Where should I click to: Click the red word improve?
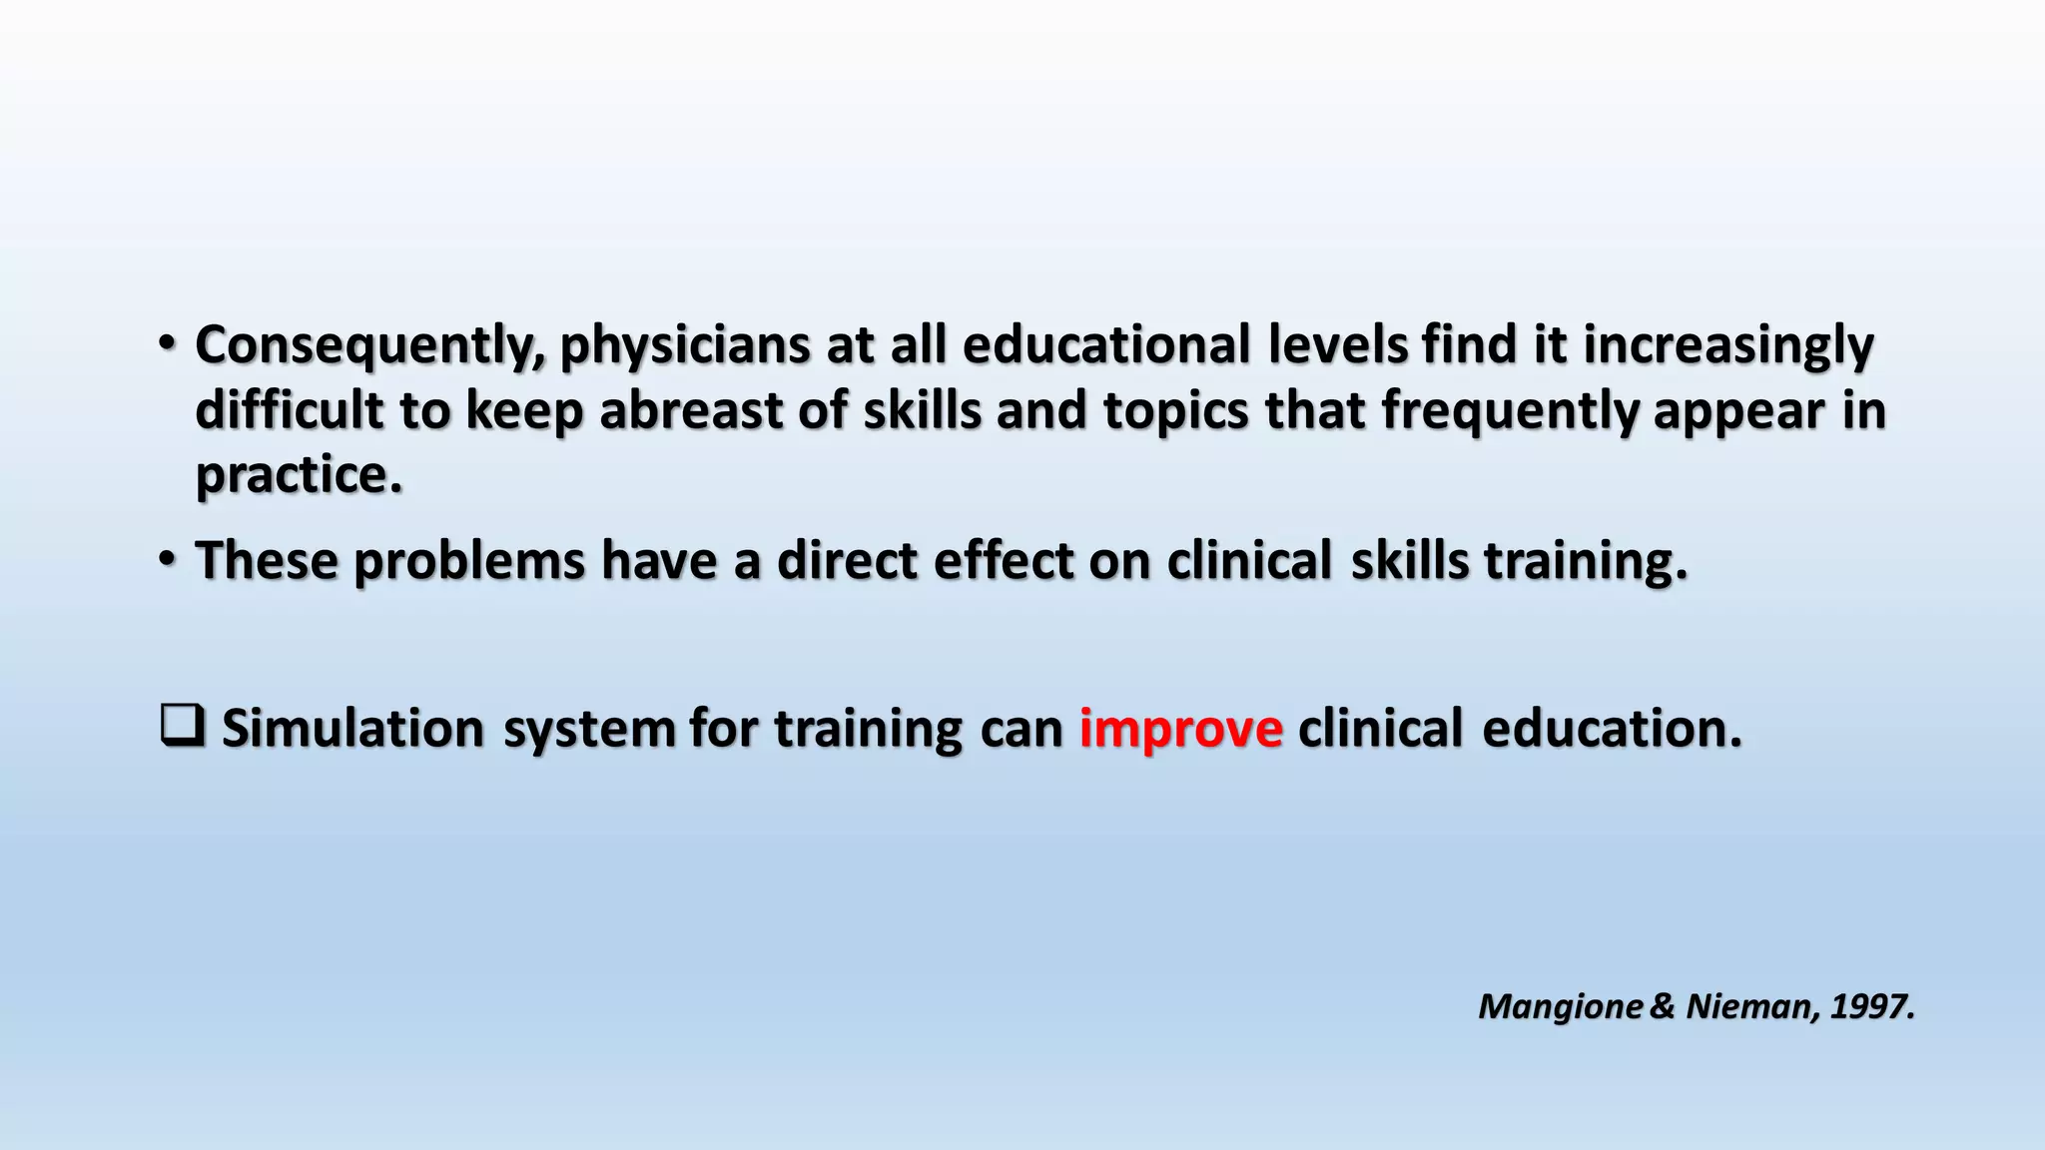1180,728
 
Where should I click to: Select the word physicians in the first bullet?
684,346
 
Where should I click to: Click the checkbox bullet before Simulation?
182,726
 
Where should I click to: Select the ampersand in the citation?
1663,1006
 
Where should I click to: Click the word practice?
298,475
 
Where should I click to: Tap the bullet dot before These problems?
167,559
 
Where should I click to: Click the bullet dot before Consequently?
167,344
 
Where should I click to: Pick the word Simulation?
352,728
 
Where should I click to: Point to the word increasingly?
1728,346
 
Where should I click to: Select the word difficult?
289,410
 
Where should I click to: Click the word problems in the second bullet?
468,561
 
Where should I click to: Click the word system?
588,730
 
